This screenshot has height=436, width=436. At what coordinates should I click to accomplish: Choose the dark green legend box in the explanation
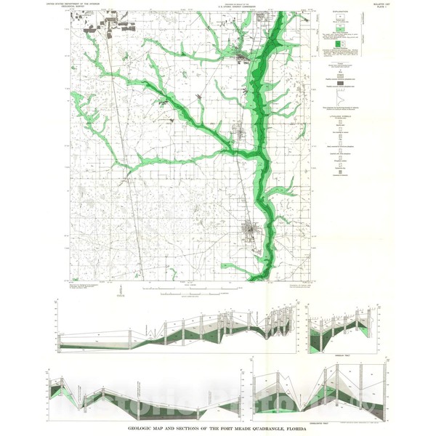339,45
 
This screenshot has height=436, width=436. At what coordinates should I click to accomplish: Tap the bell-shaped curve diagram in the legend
339,98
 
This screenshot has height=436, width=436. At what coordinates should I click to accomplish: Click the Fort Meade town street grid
252,232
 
